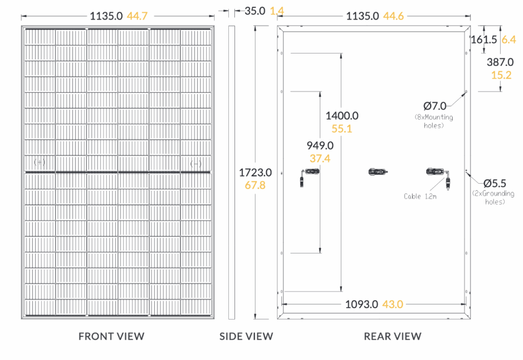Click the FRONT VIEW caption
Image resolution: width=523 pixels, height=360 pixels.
tap(111, 336)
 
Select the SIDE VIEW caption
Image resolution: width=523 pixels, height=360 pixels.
tap(246, 336)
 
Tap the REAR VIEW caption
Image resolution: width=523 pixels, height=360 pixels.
tap(393, 336)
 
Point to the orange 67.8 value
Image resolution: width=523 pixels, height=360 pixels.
tap(255, 185)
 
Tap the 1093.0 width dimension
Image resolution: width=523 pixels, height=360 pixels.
tap(362, 304)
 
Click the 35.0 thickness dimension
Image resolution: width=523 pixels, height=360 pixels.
tap(255, 11)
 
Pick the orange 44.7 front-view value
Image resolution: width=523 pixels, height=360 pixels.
tap(137, 16)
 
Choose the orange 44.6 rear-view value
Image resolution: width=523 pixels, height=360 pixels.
tap(393, 16)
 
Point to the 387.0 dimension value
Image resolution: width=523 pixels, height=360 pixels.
tap(500, 62)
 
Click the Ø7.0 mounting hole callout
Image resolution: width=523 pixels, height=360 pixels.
tap(435, 106)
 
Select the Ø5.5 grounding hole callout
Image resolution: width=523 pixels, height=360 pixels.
tap(494, 183)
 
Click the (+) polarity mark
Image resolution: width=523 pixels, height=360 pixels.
tap(40, 162)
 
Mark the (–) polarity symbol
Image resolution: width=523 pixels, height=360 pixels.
tap(196, 164)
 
